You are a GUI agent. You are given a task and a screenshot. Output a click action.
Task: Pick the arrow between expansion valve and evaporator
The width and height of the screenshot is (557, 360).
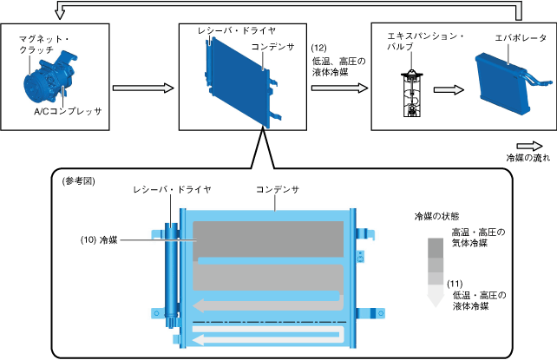tap(446, 88)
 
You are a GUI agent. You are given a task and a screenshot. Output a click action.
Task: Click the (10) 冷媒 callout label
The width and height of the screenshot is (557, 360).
tap(97, 239)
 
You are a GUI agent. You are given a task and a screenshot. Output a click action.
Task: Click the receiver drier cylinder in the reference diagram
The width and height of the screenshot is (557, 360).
tap(169, 269)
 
